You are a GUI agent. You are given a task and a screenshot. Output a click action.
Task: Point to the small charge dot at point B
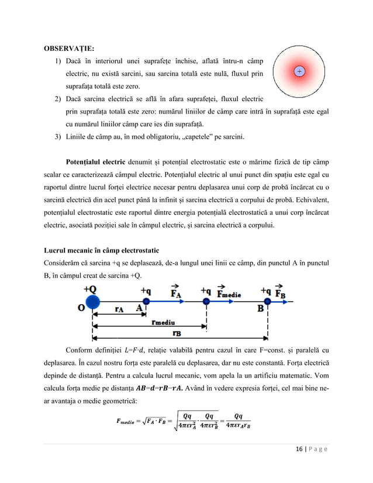tap(267, 302)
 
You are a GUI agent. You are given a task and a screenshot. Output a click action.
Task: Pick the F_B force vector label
tap(281, 291)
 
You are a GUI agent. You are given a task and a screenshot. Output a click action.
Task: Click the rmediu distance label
tap(165, 322)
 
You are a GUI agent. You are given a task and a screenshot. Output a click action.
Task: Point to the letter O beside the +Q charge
tap(82, 309)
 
